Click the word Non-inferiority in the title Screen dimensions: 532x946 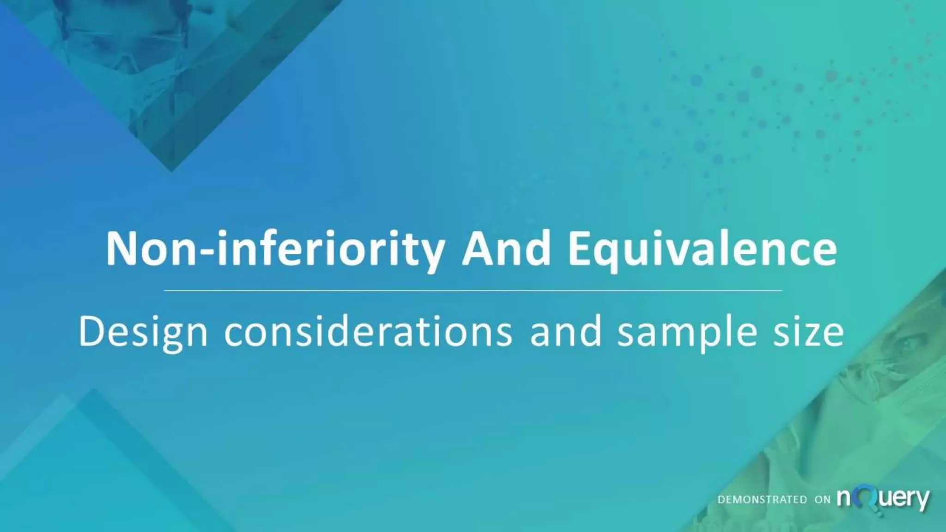[275, 250]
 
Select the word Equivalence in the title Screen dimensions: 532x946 [702, 250]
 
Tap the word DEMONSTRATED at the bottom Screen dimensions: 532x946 [762, 500]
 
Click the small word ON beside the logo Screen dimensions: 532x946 [822, 500]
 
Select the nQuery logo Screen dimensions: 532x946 [883, 499]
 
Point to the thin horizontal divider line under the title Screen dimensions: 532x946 [473, 291]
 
